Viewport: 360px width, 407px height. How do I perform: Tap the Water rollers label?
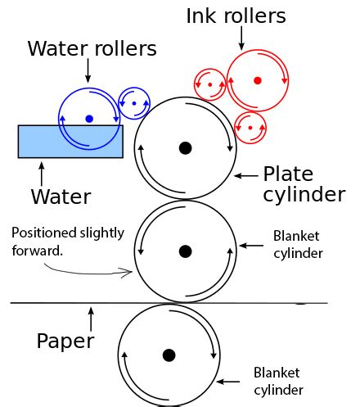[92, 48]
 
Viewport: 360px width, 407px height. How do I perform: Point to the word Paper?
[65, 341]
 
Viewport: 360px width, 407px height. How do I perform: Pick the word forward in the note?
[37, 251]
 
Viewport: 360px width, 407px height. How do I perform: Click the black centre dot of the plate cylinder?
[185, 147]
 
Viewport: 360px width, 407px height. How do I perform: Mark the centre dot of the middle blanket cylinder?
[185, 251]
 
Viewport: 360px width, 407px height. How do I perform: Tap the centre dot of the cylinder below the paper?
[169, 355]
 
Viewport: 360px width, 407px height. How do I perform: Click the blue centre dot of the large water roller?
[89, 119]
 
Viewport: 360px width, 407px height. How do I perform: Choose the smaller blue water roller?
[133, 103]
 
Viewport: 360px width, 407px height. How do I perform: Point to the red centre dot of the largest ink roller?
[257, 80]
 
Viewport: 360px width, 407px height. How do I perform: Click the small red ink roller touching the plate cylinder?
[250, 128]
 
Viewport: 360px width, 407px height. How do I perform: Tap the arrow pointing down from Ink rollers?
[242, 35]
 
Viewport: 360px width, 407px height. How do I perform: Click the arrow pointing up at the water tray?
[42, 173]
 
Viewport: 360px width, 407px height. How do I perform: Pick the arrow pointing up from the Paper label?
[92, 316]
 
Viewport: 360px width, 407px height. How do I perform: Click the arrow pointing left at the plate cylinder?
[246, 174]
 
